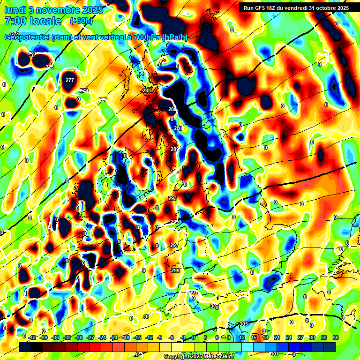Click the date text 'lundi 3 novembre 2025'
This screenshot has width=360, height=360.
[53, 9]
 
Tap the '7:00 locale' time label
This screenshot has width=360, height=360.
[32, 21]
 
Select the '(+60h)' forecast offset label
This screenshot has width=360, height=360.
[81, 21]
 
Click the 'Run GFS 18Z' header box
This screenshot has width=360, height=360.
[296, 8]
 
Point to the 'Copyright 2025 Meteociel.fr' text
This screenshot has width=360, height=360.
[199, 356]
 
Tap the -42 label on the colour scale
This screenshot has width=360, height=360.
[32, 337]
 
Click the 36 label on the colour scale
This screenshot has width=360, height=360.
[336, 337]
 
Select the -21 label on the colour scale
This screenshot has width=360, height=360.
[114, 337]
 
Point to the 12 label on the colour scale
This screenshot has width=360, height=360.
[242, 337]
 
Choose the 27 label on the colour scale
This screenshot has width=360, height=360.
[300, 337]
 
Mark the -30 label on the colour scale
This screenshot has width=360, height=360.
[79, 337]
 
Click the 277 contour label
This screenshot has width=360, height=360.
[70, 80]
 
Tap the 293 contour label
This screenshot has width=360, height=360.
[172, 198]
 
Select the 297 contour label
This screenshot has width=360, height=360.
[174, 245]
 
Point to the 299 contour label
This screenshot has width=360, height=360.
[175, 270]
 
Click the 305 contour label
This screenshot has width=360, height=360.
[244, 324]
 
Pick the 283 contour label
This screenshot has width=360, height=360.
[147, 90]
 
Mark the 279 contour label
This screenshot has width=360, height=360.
[84, 90]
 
